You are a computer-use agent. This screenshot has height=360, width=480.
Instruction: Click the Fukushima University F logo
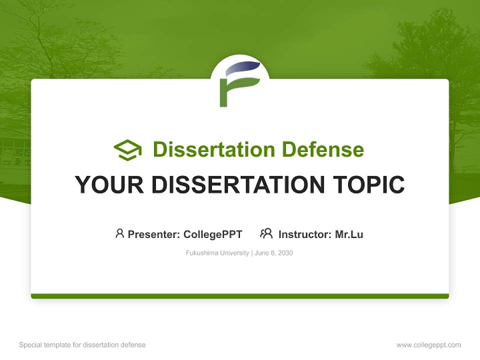click(240, 83)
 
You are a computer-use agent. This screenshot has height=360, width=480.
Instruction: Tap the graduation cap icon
click(127, 150)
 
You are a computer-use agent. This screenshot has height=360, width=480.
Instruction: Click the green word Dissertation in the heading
click(214, 149)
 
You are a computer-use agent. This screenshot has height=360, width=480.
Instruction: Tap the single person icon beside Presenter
click(119, 233)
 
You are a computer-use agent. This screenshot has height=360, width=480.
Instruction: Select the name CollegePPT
click(213, 234)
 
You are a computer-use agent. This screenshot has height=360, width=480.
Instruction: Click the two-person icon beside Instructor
click(266, 233)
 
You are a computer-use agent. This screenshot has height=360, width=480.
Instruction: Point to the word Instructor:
click(305, 234)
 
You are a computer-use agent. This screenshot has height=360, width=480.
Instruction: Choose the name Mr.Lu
click(349, 234)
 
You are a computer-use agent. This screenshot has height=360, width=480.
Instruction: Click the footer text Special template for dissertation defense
click(82, 345)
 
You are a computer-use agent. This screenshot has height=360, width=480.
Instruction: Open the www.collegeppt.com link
click(428, 345)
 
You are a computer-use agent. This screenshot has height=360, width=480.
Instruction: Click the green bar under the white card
click(240, 296)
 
